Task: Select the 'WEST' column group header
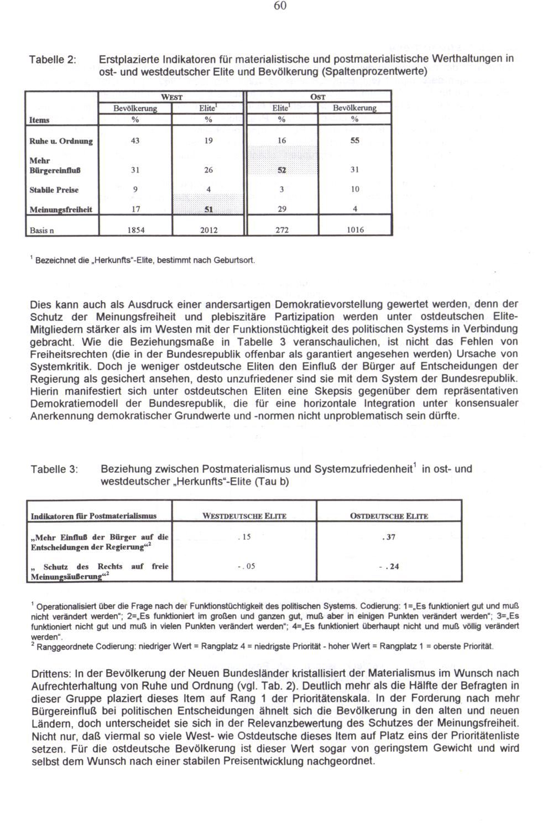172,96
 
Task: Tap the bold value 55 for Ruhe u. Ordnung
354,141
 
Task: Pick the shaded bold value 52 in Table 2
282,170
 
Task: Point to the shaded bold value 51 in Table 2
208,210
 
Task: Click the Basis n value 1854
135,229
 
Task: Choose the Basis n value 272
282,229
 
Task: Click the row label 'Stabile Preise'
54,190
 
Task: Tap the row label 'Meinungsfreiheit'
60,210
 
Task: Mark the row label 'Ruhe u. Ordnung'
61,142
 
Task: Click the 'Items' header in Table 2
39,120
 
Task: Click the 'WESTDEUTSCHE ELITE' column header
244,516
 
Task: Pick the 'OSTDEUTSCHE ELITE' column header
389,516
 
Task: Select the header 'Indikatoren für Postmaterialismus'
93,516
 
